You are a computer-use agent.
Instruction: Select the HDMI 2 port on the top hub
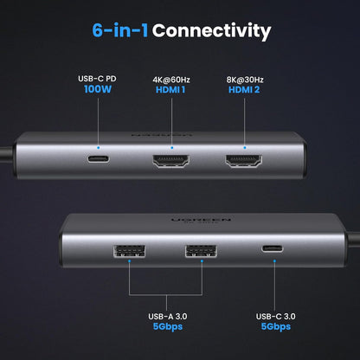(x=245, y=160)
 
